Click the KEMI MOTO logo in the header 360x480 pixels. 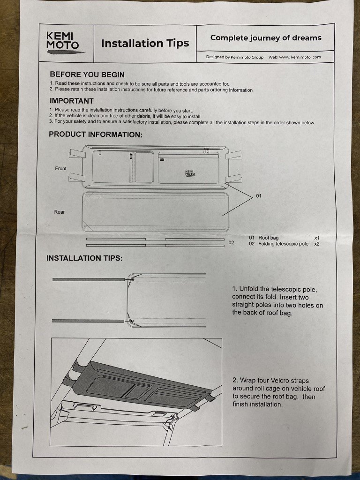tap(64, 43)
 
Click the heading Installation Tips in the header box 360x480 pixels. tap(145, 43)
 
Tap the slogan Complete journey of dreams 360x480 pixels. tap(266, 38)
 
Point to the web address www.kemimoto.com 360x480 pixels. tap(300, 57)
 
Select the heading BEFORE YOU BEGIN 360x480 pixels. tap(87, 75)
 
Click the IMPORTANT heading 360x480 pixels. tap(71, 101)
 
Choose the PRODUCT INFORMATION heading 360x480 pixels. tap(96, 135)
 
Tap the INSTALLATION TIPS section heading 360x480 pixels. tap(84, 258)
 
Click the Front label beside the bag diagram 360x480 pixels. tap(60, 168)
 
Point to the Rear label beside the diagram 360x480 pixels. tap(60, 212)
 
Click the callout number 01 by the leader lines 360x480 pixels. tap(259, 196)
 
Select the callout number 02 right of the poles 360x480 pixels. tap(231, 242)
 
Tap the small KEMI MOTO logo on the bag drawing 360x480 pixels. tap(190, 173)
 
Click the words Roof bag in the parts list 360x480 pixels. tap(269, 238)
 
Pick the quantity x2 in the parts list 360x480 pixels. tap(317, 244)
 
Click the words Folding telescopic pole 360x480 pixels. tap(284, 244)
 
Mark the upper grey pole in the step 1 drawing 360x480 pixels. tap(89, 279)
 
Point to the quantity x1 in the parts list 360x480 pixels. tap(317, 238)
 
